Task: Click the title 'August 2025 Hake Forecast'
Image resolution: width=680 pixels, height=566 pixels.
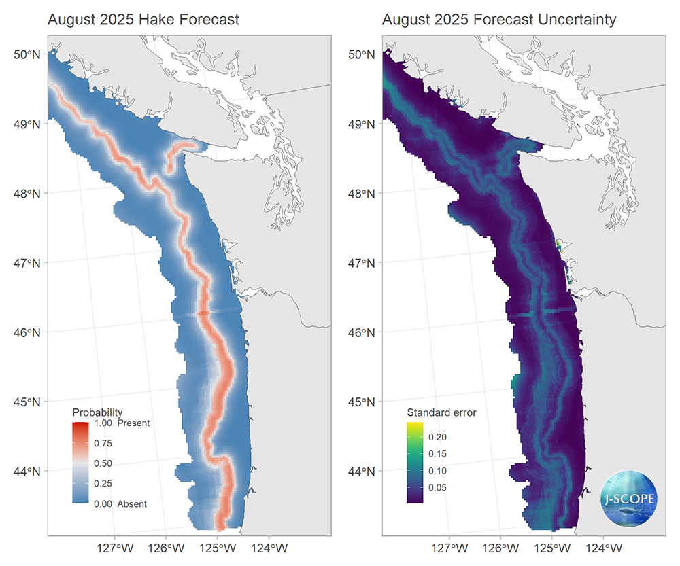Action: click(x=143, y=20)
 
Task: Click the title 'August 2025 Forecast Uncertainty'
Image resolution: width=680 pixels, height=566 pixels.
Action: click(x=499, y=20)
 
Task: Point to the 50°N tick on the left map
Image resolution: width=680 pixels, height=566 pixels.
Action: click(x=28, y=54)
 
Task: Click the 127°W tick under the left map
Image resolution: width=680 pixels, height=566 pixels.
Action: click(x=115, y=548)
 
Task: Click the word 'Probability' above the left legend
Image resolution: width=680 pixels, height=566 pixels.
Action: click(x=97, y=412)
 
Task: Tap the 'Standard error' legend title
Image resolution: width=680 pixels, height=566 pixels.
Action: click(x=441, y=412)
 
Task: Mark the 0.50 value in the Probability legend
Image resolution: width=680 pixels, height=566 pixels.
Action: click(x=103, y=463)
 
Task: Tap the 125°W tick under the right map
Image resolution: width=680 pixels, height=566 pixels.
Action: click(x=552, y=548)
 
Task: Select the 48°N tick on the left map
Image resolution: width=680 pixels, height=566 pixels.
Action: click(x=28, y=194)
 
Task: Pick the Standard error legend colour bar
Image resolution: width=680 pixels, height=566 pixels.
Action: click(x=415, y=463)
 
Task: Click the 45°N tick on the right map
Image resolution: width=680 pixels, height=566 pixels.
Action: click(x=362, y=402)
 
